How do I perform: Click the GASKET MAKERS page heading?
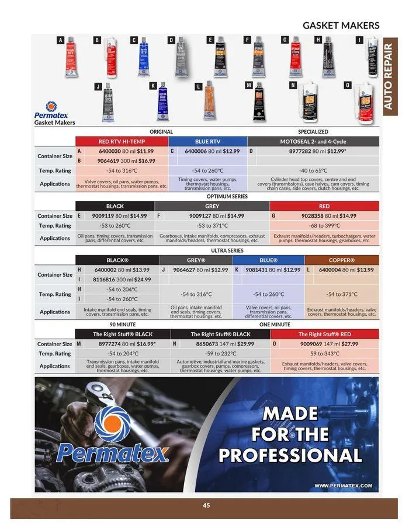(341, 25)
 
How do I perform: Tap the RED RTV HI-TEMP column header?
(122, 141)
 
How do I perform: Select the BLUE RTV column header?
(207, 141)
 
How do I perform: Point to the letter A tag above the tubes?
(60, 40)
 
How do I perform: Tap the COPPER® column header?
(341, 260)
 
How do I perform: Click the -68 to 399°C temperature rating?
(324, 225)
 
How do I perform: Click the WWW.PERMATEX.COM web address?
(343, 485)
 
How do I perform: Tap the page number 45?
(206, 505)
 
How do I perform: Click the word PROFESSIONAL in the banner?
(290, 455)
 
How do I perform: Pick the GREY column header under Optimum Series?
(212, 206)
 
